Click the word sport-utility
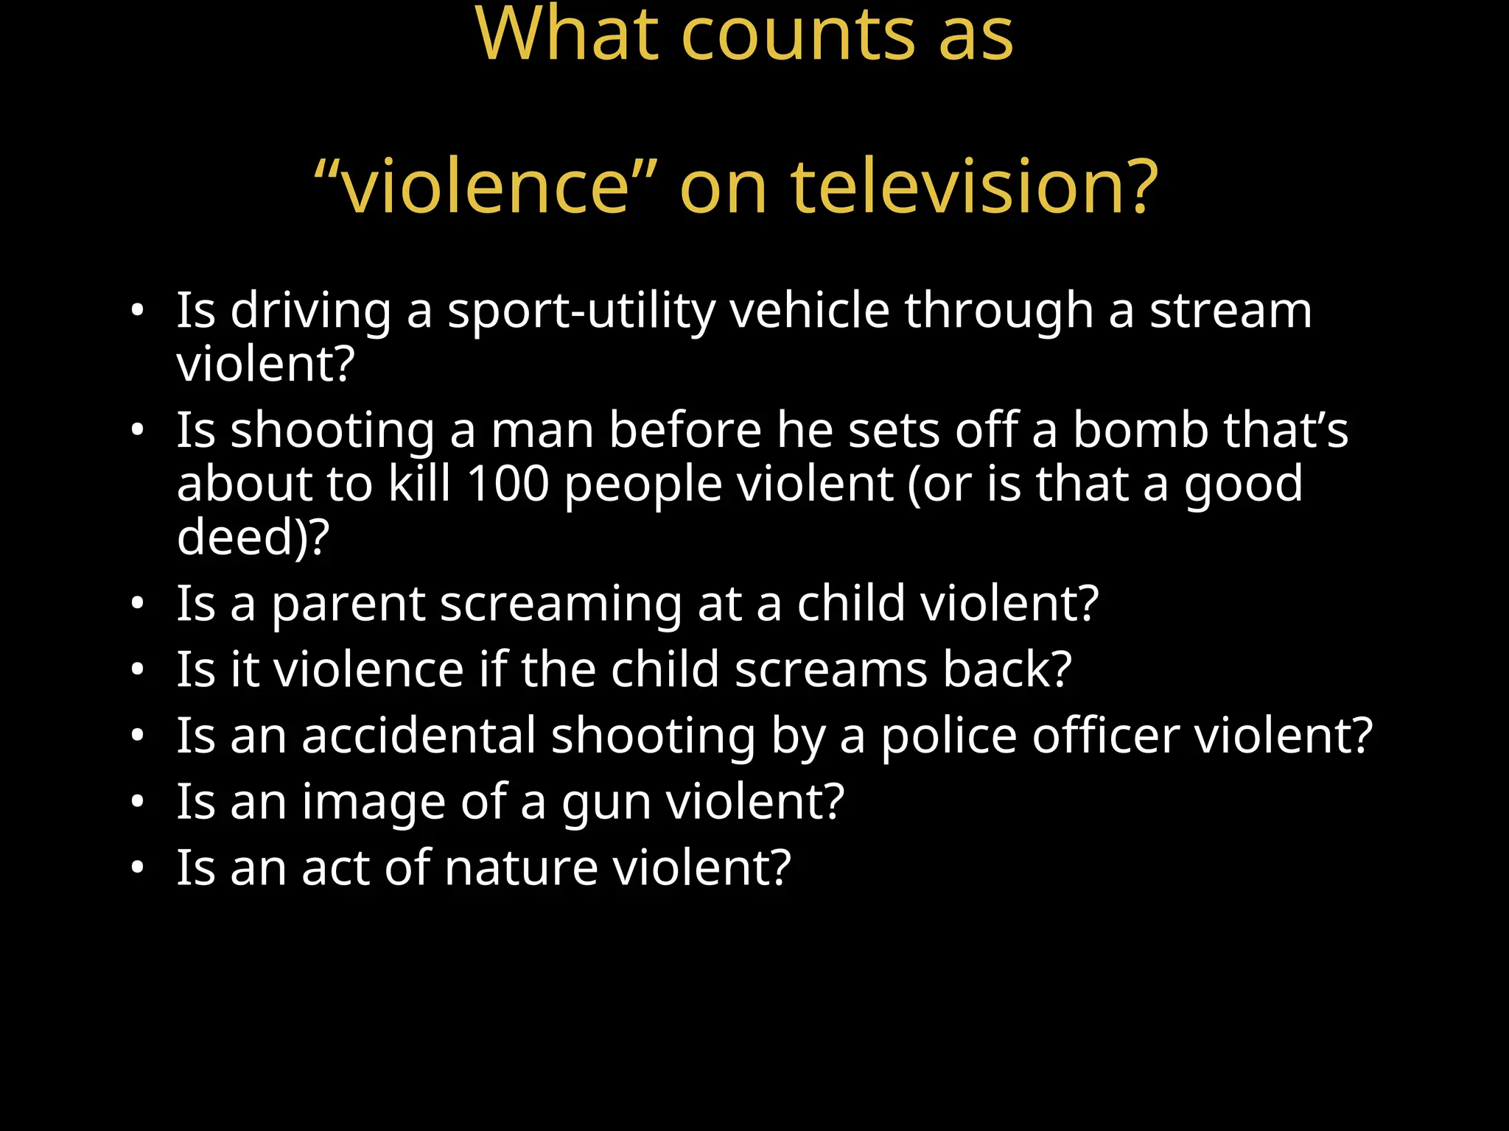click(581, 311)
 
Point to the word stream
click(1231, 310)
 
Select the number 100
click(508, 484)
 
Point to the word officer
click(1105, 736)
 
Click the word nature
click(521, 868)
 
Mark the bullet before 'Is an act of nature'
click(137, 868)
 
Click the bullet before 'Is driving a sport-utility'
click(137, 311)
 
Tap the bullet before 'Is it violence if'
click(137, 670)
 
